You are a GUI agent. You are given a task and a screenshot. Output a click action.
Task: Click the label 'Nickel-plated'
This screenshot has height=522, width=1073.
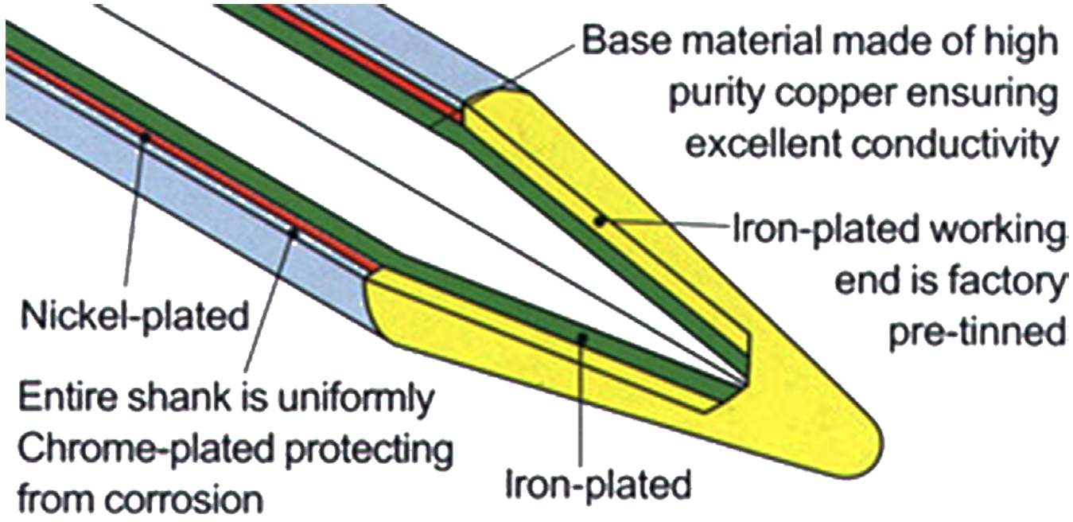click(133, 317)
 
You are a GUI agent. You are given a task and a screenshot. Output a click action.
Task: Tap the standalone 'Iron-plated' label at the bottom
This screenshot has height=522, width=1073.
click(598, 483)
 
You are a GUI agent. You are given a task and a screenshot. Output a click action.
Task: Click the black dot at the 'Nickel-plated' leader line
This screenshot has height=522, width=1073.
click(145, 136)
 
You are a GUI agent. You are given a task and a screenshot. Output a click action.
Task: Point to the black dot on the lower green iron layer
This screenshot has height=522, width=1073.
click(583, 337)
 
